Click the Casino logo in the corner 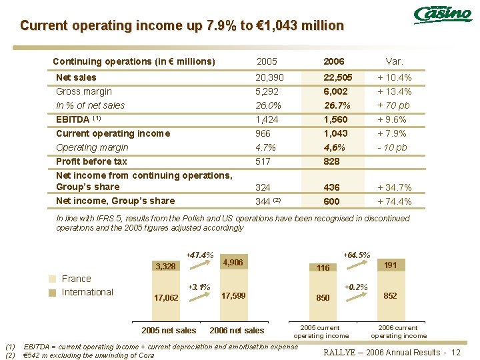442,15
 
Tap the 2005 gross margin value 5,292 267,91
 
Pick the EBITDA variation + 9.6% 394,120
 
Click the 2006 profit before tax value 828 331,161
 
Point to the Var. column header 394,61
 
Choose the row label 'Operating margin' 92,147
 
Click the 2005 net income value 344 264,201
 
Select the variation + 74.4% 394,201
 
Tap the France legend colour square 52,279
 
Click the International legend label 87,292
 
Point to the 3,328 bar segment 165,267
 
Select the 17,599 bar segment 233,295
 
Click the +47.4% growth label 199,255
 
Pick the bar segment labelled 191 391,265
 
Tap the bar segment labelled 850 323,297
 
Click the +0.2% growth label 356,287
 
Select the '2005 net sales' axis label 169,331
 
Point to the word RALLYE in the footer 341,351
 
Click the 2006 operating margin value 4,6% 334,147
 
